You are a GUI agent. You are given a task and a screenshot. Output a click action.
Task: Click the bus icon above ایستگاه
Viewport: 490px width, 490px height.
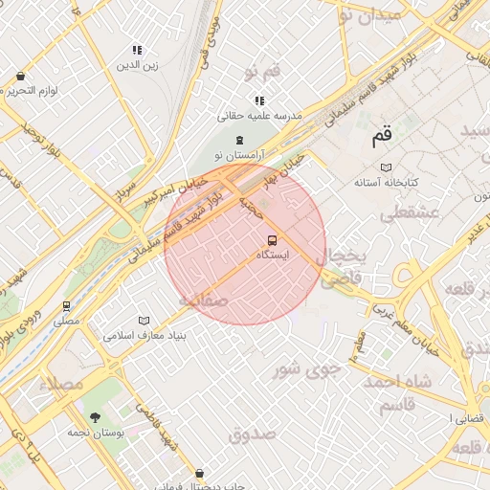tap(272, 240)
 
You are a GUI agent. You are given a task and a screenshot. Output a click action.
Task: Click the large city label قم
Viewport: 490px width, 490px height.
tap(382, 139)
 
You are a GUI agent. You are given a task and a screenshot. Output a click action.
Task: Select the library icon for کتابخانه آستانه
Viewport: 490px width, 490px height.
tap(386, 167)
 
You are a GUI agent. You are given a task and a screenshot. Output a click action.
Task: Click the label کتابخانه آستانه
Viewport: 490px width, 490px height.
tap(387, 182)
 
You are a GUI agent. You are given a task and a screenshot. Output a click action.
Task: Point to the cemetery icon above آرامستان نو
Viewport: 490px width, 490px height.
tap(238, 141)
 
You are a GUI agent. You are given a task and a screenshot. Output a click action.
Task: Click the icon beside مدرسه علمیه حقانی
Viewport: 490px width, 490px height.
tap(259, 100)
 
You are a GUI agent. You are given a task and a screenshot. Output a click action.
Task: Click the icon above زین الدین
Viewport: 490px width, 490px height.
tap(138, 50)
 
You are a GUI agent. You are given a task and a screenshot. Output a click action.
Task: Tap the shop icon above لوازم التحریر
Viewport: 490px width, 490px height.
tap(20, 77)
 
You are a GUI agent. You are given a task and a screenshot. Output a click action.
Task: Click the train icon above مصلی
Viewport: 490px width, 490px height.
tap(66, 307)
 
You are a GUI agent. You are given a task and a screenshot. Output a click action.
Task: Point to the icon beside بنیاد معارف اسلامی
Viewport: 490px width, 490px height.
tap(144, 321)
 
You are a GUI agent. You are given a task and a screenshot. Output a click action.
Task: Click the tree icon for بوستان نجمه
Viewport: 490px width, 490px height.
tap(95, 416)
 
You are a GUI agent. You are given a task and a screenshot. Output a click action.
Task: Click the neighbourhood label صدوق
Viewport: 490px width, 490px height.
tap(253, 434)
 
